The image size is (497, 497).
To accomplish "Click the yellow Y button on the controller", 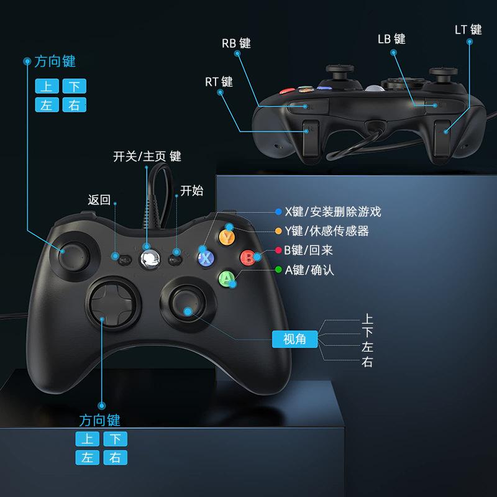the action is click(227, 237).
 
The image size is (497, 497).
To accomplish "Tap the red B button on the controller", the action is click(248, 257).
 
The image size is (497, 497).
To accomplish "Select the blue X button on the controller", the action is click(206, 257).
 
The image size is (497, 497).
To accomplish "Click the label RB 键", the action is click(236, 43).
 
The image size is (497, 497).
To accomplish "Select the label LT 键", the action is click(468, 30).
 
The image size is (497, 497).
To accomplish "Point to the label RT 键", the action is click(219, 82).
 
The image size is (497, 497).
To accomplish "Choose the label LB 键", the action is click(391, 39).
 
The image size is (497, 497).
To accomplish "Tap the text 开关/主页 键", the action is click(147, 157).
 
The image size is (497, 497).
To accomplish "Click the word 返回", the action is click(99, 200).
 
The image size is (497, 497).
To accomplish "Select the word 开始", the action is click(191, 191).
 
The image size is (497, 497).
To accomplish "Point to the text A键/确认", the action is click(309, 270).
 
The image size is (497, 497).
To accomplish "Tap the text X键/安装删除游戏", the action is click(332, 212).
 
